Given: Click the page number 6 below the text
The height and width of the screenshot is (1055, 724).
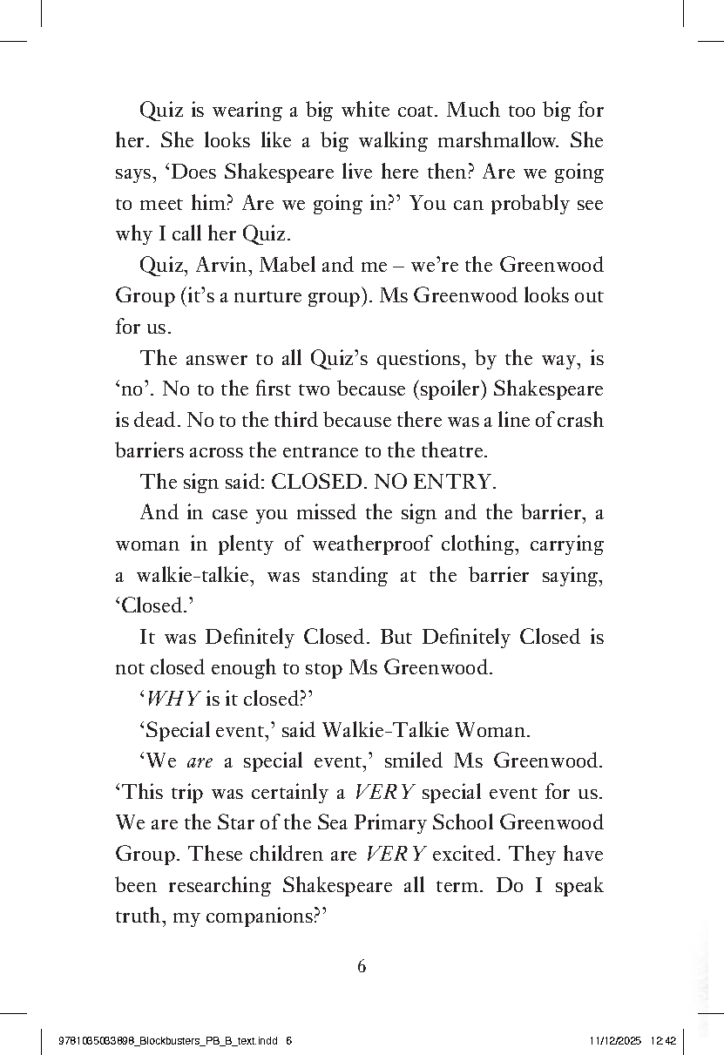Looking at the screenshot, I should [362, 965].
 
